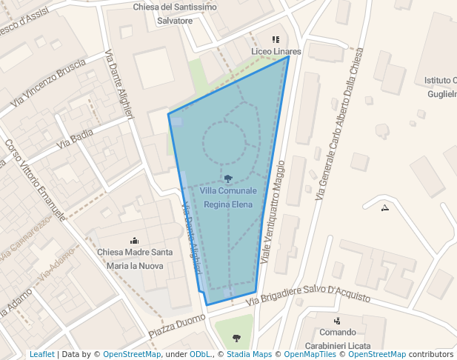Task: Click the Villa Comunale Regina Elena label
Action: pos(229,197)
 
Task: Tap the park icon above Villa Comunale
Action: pos(228,179)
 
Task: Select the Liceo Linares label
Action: pos(276,52)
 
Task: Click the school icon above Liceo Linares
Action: pos(276,39)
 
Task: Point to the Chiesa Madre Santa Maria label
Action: pos(135,259)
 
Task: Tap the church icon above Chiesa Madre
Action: pos(134,240)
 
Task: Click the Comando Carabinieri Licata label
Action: pos(337,339)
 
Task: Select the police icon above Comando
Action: pos(337,321)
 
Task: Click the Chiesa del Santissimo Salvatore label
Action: pos(175,13)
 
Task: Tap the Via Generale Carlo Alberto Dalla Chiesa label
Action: pos(340,125)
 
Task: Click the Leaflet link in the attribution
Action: pos(41,355)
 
